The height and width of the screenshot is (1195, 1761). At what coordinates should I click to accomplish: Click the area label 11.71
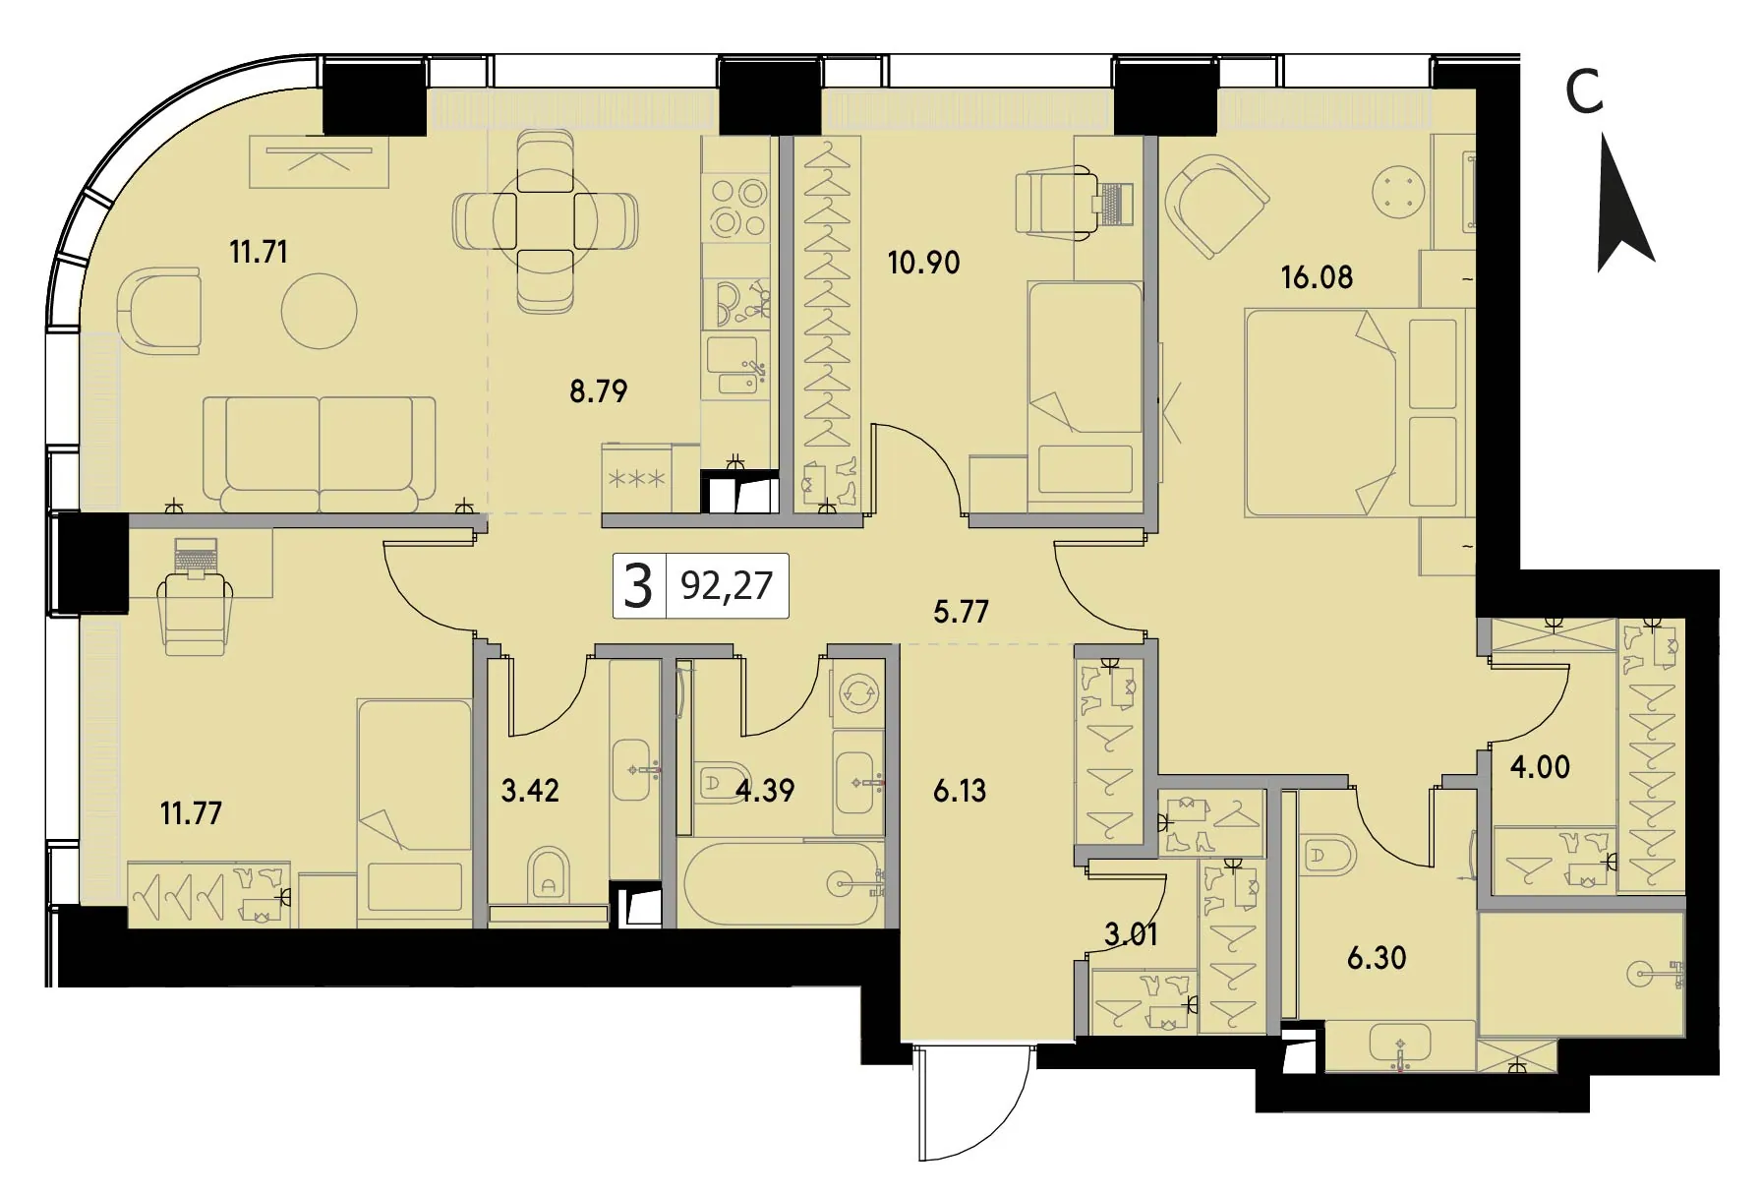click(x=259, y=252)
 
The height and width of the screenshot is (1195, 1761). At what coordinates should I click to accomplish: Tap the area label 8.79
click(x=598, y=391)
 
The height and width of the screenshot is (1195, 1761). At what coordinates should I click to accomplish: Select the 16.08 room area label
click(x=1317, y=277)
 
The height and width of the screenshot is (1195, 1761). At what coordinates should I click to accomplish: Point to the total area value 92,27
click(x=727, y=586)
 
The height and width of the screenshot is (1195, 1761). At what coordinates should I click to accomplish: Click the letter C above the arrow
click(x=1584, y=93)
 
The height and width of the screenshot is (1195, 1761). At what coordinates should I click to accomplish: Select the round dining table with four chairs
click(x=545, y=223)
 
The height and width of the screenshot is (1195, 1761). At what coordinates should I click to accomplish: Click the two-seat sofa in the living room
click(x=319, y=453)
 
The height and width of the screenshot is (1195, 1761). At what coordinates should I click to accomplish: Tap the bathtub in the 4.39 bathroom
click(x=783, y=883)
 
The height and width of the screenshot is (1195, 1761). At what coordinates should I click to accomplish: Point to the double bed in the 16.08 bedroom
click(x=1357, y=413)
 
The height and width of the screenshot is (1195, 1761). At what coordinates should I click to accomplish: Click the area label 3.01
click(x=1131, y=934)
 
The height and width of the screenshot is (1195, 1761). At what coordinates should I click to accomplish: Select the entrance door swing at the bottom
click(x=974, y=1103)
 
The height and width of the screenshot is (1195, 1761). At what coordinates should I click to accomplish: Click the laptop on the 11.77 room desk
click(x=196, y=555)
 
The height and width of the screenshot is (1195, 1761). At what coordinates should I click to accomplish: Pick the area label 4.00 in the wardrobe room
click(x=1540, y=766)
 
